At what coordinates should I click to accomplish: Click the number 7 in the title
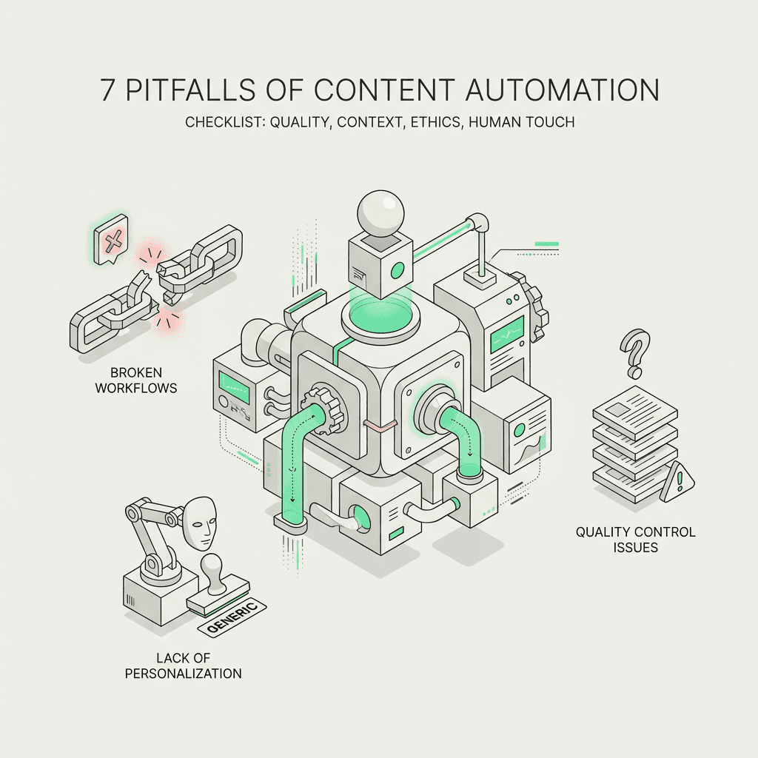[x=109, y=90]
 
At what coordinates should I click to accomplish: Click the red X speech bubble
[x=111, y=241]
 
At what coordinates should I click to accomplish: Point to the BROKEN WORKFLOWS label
[x=136, y=380]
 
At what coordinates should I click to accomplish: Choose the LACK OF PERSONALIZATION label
[x=198, y=665]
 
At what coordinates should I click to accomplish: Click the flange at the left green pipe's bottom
[x=291, y=521]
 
